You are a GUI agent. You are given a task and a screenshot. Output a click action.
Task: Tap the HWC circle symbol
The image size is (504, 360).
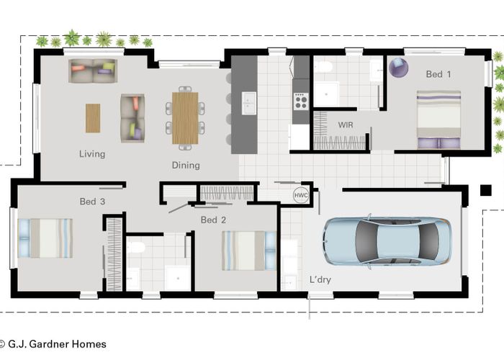tap(300, 196)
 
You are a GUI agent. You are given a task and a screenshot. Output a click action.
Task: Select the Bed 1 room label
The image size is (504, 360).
tap(438, 74)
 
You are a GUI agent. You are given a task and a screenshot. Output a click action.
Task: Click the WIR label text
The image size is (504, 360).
tap(346, 125)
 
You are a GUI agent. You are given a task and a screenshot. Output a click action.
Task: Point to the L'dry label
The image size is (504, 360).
tap(320, 279)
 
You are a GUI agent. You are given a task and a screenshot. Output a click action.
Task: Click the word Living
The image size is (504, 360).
tap(92, 153)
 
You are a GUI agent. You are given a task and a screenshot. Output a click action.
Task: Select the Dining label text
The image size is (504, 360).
tap(186, 165)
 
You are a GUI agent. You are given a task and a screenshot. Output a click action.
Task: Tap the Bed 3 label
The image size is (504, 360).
tap(93, 202)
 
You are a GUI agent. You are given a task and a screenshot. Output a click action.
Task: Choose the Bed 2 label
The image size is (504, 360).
tap(214, 220)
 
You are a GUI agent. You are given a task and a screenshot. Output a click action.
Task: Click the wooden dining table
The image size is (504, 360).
tap(185, 117)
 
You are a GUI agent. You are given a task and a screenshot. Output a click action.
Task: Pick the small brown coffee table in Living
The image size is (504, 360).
tap(93, 118)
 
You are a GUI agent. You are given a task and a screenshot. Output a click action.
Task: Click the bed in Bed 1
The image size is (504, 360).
tap(438, 119)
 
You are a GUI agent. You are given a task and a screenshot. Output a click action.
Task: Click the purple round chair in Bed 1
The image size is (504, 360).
tap(398, 68)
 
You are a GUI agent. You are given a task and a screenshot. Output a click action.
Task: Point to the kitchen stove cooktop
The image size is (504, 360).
tap(300, 101)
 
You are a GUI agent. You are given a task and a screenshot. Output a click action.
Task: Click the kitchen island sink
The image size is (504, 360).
tap(248, 103)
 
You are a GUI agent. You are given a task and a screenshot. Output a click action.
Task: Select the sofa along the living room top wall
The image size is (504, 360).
tap(93, 71)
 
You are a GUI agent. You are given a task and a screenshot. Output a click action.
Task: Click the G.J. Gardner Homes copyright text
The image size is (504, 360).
tap(53, 344)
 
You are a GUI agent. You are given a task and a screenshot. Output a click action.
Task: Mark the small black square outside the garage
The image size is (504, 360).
tap(485, 190)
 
